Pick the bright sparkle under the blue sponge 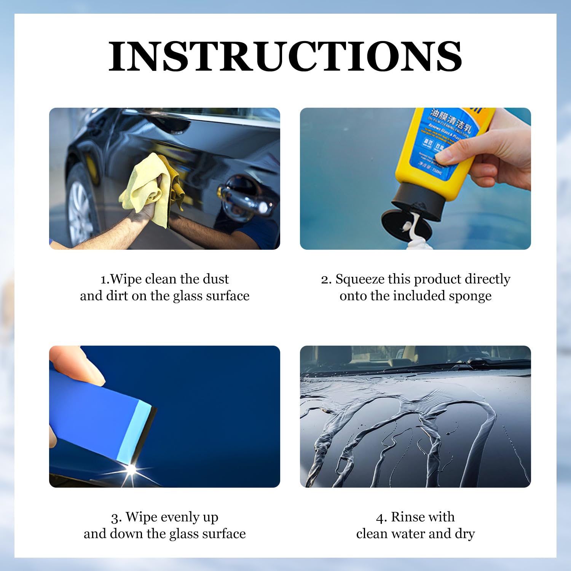click(132, 469)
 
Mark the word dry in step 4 click(465, 534)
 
